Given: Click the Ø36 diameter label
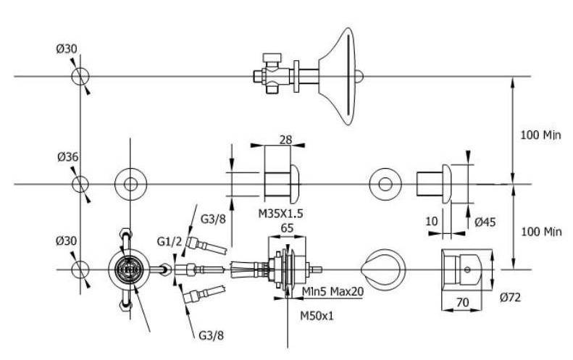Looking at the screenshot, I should pos(67,156).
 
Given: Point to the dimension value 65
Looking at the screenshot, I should pos(286,227).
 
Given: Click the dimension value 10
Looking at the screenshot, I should pos(432,222).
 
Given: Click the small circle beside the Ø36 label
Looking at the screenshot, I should pos(80,183).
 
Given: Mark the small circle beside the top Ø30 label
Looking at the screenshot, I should pos(80,76).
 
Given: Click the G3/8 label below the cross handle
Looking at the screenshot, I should pos(210,335).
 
